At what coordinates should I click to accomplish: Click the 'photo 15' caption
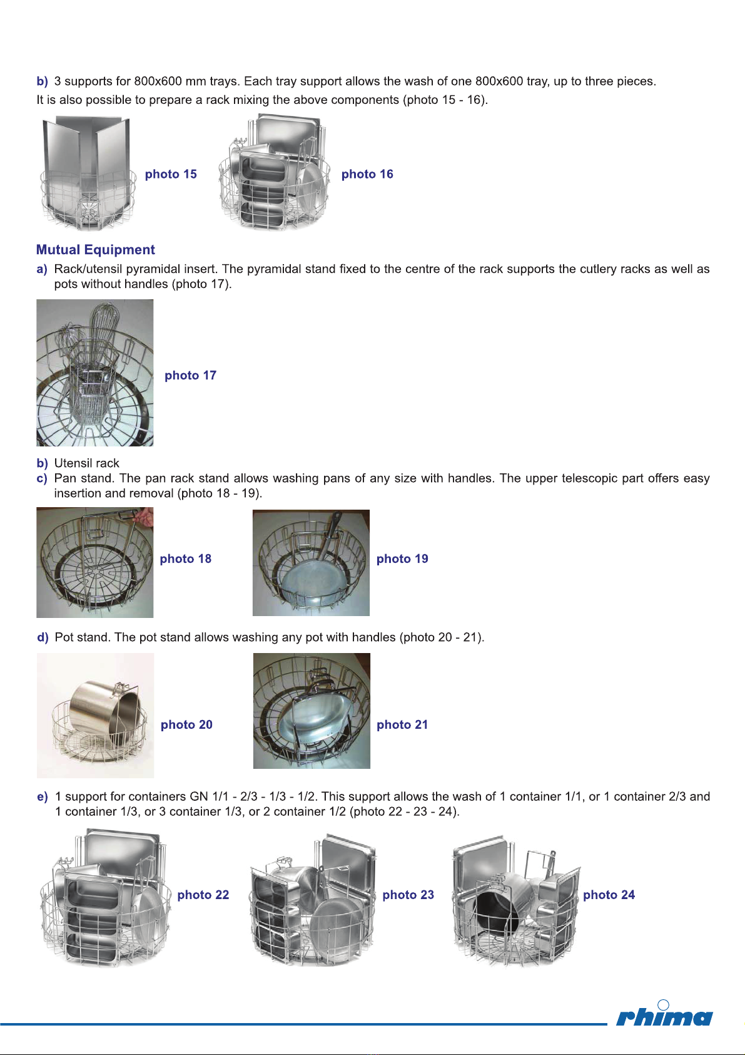coord(171,174)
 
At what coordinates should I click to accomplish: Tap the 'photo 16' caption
coord(367,174)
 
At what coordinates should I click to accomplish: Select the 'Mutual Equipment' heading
coord(96,250)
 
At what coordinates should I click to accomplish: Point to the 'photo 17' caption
coord(191,376)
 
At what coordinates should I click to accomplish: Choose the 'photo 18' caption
coord(186,558)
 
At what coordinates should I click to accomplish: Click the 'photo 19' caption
coord(402,558)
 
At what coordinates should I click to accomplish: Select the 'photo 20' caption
coord(187,724)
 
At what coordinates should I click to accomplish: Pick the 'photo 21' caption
coord(402,724)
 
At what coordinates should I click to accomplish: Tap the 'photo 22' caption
coord(203,894)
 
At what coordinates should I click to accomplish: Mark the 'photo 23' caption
coord(408,894)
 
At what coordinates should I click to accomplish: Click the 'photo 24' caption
coord(609,894)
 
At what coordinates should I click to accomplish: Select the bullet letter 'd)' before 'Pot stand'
coord(43,638)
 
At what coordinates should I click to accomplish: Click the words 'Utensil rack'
coord(86,463)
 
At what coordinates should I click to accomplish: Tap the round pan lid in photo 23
coord(337,923)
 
